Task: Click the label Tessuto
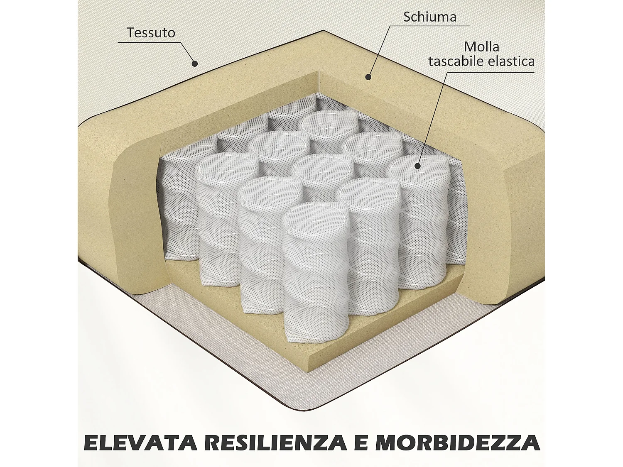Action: point(151,33)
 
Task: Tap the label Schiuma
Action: point(430,17)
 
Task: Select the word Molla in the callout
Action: point(482,46)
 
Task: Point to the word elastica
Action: point(510,61)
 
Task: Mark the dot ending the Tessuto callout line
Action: point(194,64)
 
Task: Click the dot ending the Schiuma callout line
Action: point(368,76)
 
